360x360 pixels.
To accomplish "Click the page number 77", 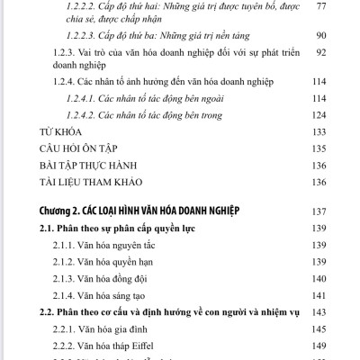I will [346, 5].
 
